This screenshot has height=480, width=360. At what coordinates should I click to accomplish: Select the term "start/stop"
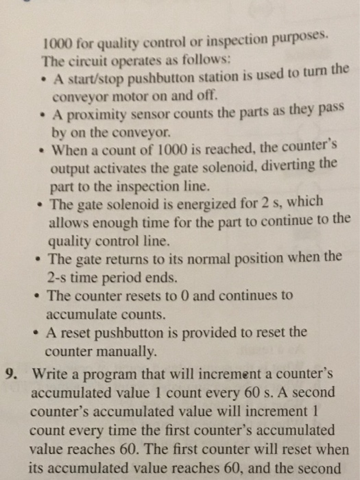coord(90,77)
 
